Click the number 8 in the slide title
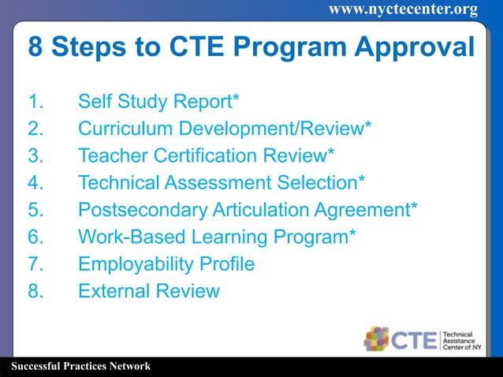[35, 46]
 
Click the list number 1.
[34, 102]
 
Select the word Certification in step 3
[204, 155]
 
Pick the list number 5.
[35, 210]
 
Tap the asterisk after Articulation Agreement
[413, 207]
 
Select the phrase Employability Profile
[166, 264]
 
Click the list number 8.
[35, 291]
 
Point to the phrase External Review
[148, 291]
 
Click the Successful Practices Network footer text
[76, 367]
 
